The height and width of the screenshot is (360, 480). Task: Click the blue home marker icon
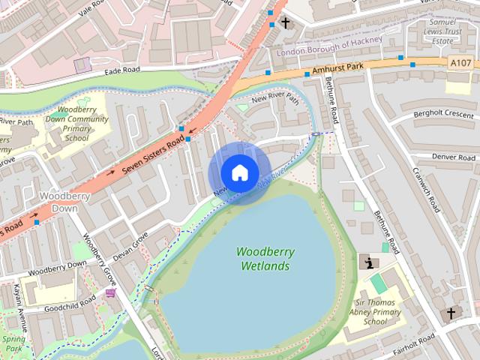tap(239, 173)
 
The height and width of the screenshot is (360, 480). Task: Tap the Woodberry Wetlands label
tap(265, 259)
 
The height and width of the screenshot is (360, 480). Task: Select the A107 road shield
tap(460, 64)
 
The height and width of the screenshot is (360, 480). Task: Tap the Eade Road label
tap(123, 70)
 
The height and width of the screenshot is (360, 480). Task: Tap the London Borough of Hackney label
tap(328, 46)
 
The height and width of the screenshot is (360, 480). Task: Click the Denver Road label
tap(454, 157)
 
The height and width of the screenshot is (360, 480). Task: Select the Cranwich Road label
tap(424, 188)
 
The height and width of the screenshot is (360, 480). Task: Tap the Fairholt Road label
tap(413, 344)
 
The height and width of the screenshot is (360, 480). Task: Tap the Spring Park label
tap(13, 343)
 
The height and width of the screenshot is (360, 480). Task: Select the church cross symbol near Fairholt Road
tap(451, 312)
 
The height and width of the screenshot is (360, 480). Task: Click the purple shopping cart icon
tap(111, 292)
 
